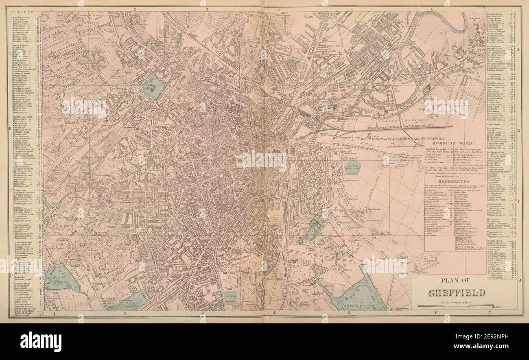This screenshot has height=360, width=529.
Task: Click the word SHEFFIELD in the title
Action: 456,293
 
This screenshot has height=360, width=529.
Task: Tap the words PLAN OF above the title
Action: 456,280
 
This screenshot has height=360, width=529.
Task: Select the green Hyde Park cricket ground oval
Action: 353,167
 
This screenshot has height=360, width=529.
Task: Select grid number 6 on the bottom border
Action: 436,312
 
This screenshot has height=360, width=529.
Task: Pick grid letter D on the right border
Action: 519,280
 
